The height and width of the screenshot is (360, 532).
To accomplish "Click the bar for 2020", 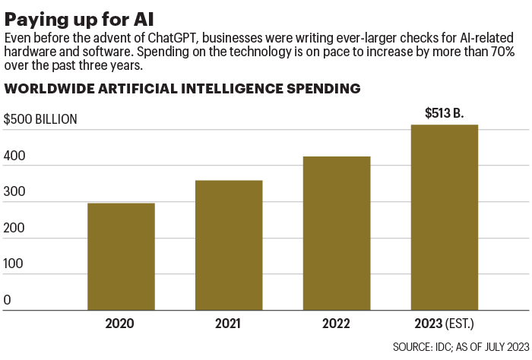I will tap(121, 257).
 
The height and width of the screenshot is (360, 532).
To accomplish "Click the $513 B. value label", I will tap(444, 113).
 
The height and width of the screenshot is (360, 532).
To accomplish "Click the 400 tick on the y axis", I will tap(14, 156).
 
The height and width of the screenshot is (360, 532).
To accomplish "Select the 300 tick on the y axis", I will tap(14, 192).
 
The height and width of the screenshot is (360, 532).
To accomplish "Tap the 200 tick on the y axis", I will tap(14, 228).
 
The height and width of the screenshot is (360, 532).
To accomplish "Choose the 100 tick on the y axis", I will tap(14, 264).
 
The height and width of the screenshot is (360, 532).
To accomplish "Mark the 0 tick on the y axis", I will tap(8, 300).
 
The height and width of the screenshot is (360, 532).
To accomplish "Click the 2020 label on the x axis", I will tap(121, 324).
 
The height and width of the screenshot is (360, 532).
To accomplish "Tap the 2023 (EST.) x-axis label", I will tap(444, 324).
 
